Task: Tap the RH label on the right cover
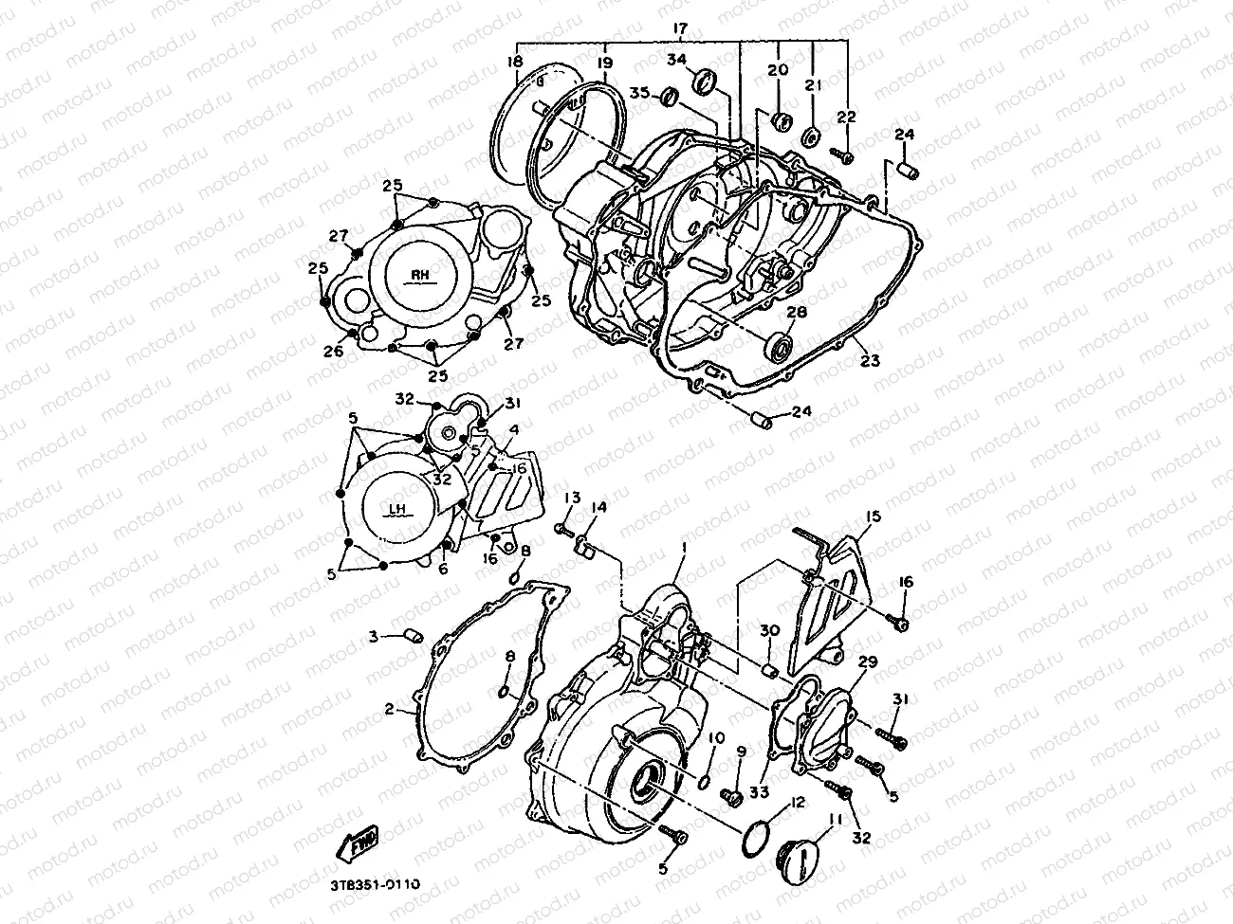[420, 276]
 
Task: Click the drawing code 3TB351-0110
[376, 884]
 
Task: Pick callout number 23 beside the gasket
[870, 360]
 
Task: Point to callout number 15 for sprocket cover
[873, 516]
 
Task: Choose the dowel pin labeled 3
[411, 634]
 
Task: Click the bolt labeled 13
[562, 523]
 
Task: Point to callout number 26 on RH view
[333, 351]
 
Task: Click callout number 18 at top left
[515, 62]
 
